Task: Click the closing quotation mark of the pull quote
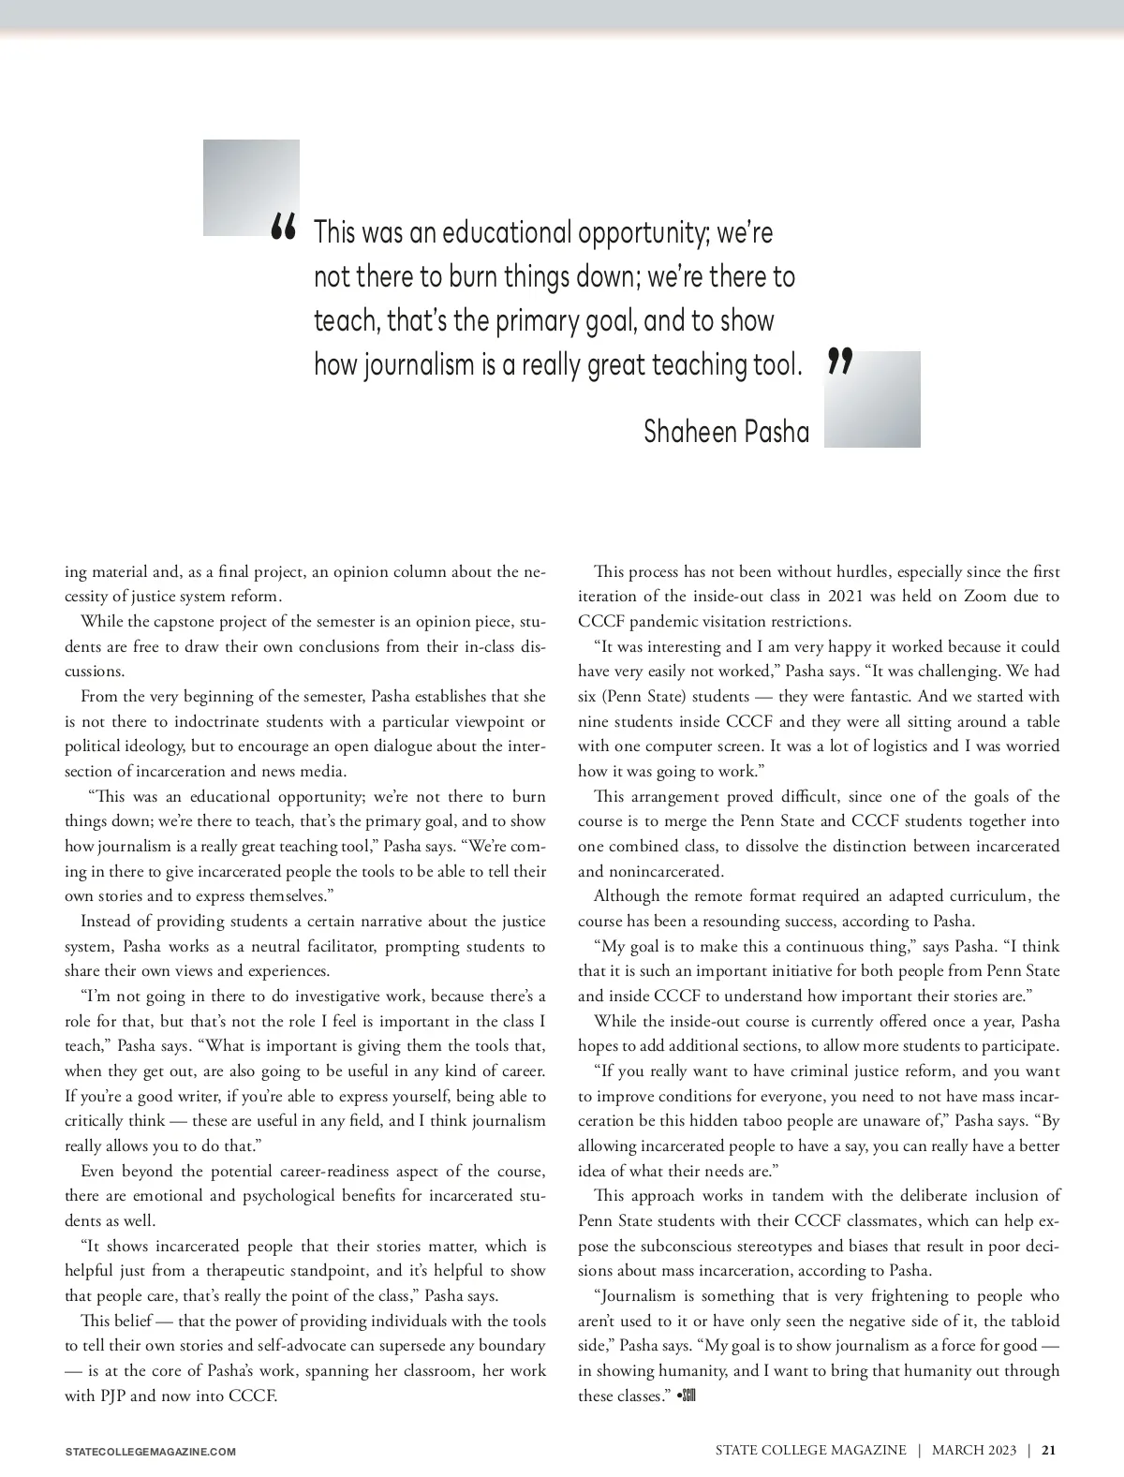(840, 361)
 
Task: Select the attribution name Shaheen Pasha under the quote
(726, 432)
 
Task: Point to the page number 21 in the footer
(1048, 1450)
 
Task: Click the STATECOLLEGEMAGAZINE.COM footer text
(150, 1452)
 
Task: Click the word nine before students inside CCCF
(593, 722)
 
